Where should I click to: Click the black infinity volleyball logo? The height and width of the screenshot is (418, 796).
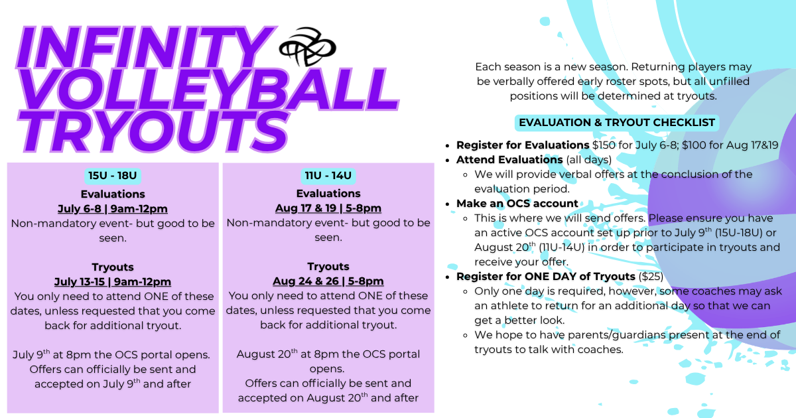click(307, 47)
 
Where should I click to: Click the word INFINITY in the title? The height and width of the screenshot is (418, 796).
click(146, 47)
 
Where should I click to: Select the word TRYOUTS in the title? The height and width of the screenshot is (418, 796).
click(153, 131)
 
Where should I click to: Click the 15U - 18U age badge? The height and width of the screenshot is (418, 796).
click(113, 176)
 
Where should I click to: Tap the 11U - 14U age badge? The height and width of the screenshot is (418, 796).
click(328, 176)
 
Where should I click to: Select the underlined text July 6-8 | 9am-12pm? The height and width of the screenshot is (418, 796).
click(113, 208)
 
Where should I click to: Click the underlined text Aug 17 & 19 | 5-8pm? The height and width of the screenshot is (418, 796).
click(328, 208)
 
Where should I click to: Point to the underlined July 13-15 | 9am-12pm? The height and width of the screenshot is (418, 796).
click(113, 281)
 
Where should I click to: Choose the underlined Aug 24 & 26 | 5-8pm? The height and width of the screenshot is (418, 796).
click(328, 281)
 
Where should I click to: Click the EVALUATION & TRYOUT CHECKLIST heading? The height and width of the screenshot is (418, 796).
click(617, 123)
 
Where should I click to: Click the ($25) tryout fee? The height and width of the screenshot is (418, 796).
click(651, 277)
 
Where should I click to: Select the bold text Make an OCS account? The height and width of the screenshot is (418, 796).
click(517, 203)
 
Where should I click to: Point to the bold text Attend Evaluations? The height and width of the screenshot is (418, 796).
click(509, 160)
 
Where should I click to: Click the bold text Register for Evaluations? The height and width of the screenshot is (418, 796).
click(523, 145)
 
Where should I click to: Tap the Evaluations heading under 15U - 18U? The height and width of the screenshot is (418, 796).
click(113, 194)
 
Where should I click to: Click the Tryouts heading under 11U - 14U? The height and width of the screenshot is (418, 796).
click(328, 267)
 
